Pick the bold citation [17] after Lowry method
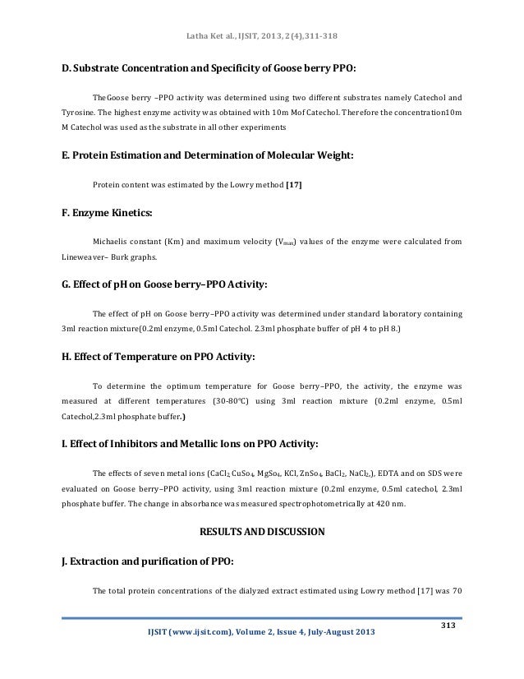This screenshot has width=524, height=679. [x=293, y=184]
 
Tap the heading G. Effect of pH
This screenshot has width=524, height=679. [x=164, y=287]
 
